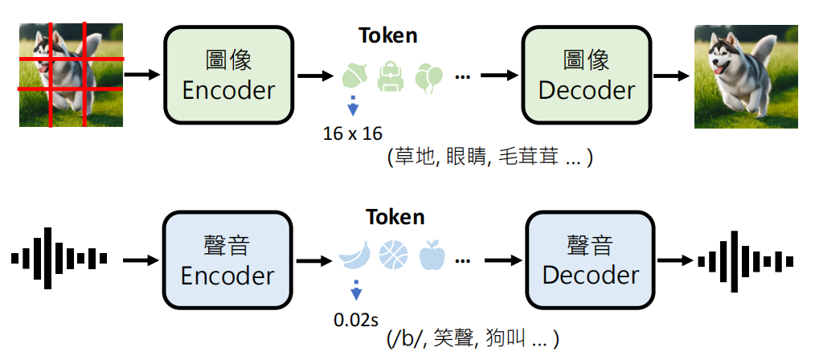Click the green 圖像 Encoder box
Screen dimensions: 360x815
click(229, 75)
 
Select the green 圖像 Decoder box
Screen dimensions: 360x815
click(587, 75)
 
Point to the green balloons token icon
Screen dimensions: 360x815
click(429, 77)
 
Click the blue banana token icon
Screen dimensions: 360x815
click(354, 256)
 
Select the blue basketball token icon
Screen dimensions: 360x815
click(393, 256)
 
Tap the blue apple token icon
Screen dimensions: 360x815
click(432, 256)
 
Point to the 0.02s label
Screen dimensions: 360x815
click(356, 319)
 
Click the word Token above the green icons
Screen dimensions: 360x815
click(388, 36)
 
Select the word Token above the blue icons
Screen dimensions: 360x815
click(395, 217)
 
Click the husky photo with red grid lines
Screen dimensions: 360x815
click(72, 75)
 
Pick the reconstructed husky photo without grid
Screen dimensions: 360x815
click(745, 76)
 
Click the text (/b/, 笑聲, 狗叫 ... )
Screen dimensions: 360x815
click(472, 338)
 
